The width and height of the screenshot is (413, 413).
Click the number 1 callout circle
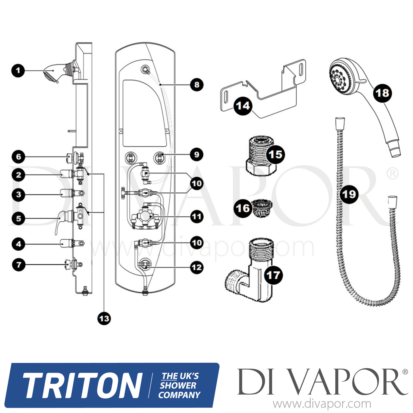(x=18, y=70)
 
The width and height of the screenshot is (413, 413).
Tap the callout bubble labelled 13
(x=104, y=319)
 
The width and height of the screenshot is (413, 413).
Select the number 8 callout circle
(x=197, y=85)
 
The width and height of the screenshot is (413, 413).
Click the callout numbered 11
(x=197, y=217)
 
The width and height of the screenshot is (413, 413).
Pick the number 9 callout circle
(x=197, y=154)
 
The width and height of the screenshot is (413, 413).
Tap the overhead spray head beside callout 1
(x=52, y=73)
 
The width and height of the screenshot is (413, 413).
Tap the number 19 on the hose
(x=349, y=194)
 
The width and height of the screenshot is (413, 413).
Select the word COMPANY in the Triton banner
(x=179, y=395)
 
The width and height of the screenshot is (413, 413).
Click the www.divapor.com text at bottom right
(x=322, y=404)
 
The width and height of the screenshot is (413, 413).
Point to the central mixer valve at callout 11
(x=145, y=216)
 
